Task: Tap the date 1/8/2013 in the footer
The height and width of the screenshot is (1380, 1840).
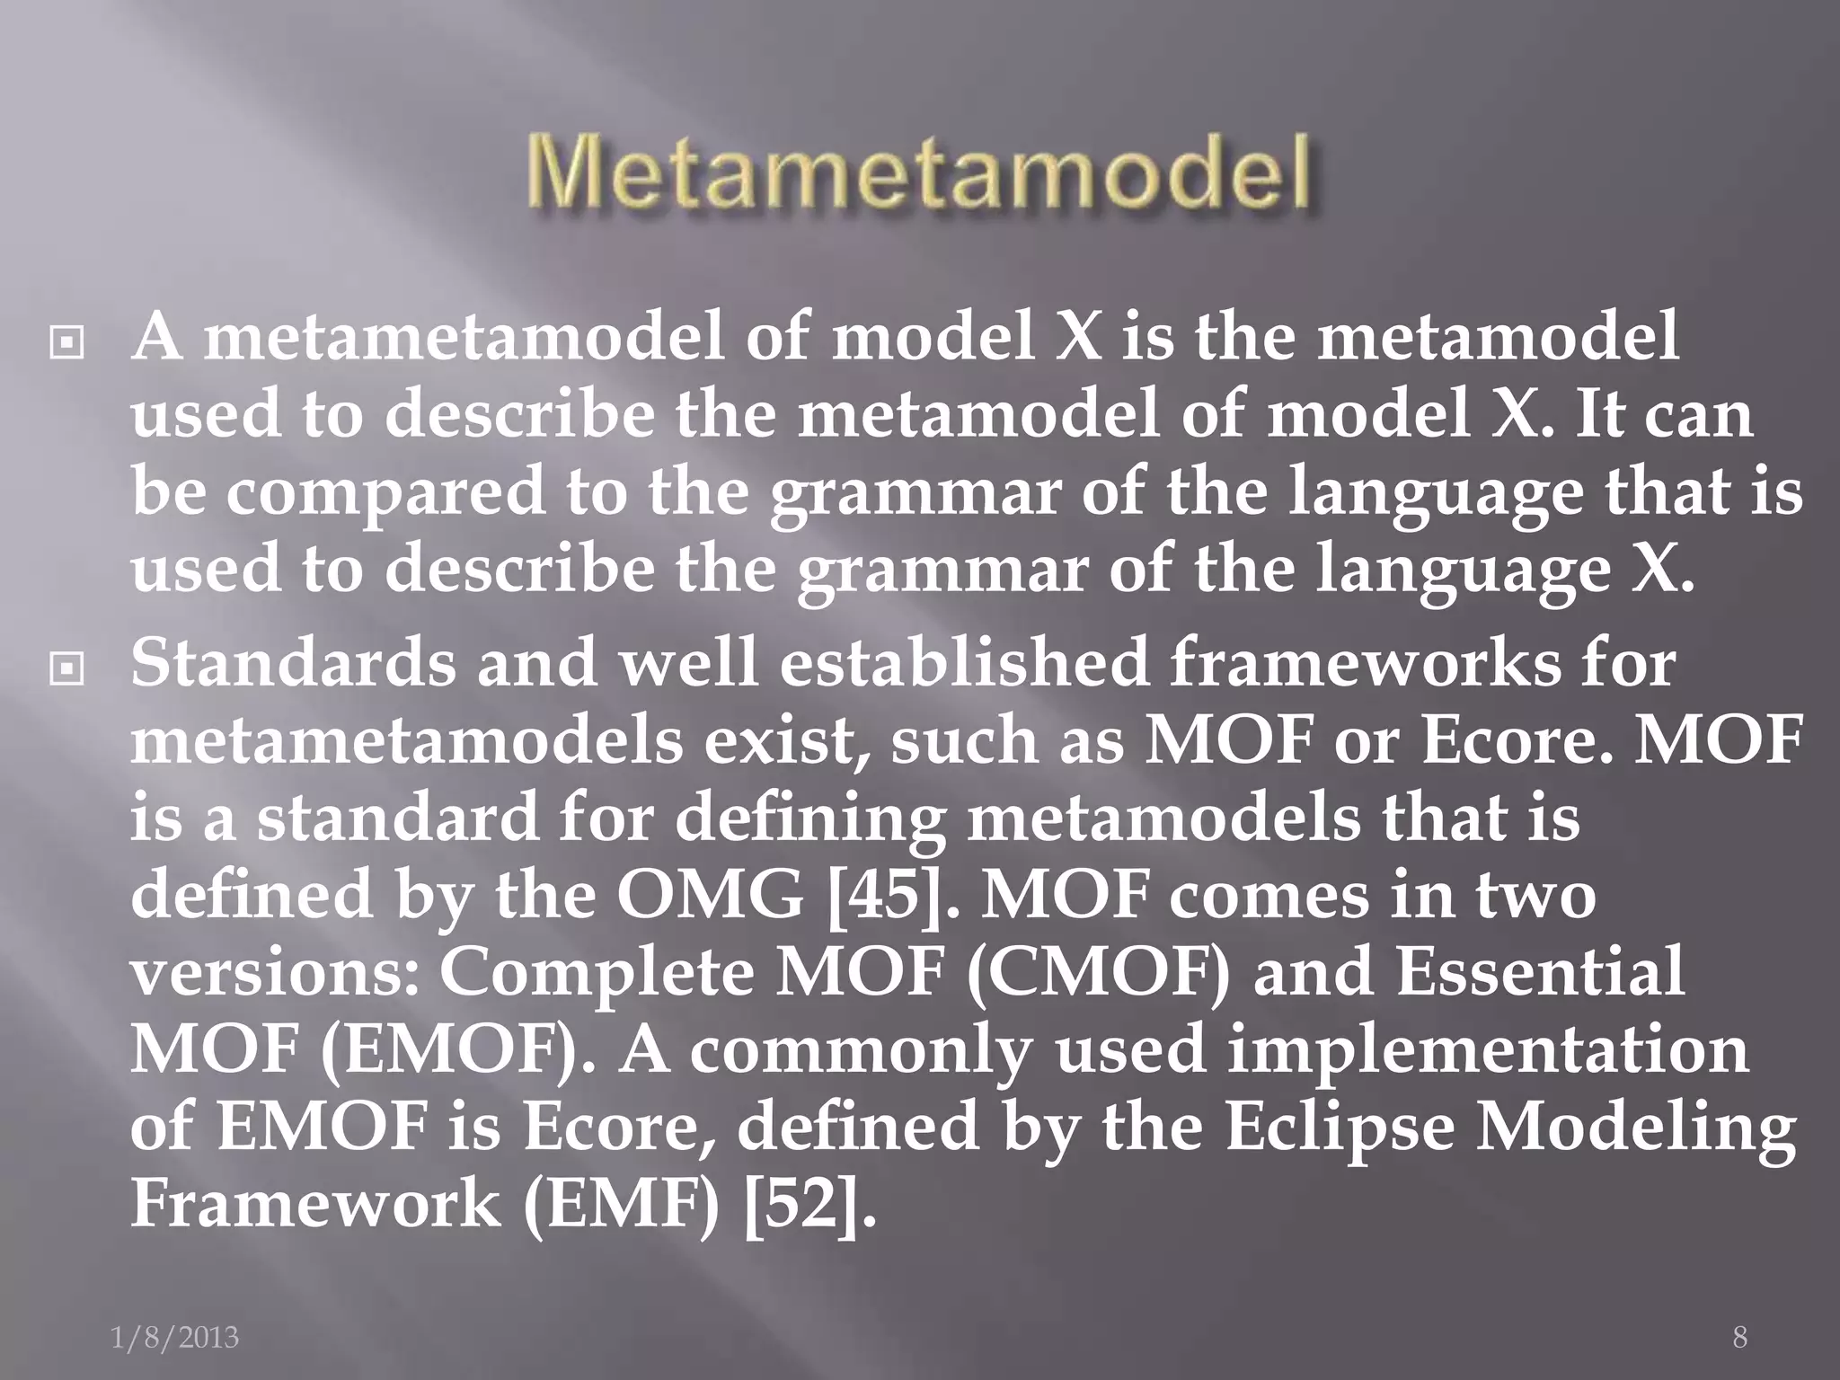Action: pyautogui.click(x=174, y=1338)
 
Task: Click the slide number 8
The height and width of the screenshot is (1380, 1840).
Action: pyautogui.click(x=1739, y=1338)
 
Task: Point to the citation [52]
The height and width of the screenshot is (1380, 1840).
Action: pyautogui.click(x=809, y=1205)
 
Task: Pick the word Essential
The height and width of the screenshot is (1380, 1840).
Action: pyautogui.click(x=1540, y=973)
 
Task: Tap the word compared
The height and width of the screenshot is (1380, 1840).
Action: pyautogui.click(x=385, y=494)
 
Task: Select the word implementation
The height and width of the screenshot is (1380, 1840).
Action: pyautogui.click(x=1488, y=1050)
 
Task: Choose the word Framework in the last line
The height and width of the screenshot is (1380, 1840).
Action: pyautogui.click(x=314, y=1205)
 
